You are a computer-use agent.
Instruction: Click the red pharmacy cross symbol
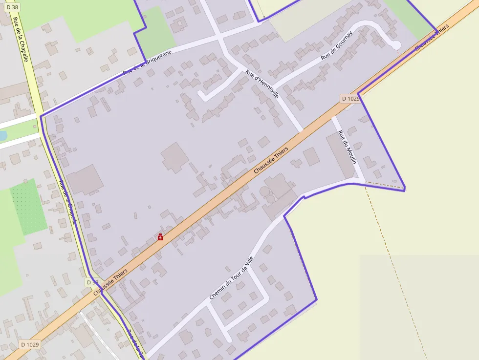pos(160,237)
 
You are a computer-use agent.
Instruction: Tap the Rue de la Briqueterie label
pos(148,62)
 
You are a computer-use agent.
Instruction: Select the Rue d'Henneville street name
pos(262,84)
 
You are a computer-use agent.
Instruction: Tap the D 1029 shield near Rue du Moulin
pos(350,99)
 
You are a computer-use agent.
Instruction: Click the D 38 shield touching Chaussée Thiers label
pos(92,282)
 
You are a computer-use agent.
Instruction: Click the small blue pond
pos(2,135)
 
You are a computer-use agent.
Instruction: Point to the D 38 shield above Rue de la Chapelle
pos(12,7)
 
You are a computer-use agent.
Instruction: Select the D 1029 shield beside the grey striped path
pos(30,344)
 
